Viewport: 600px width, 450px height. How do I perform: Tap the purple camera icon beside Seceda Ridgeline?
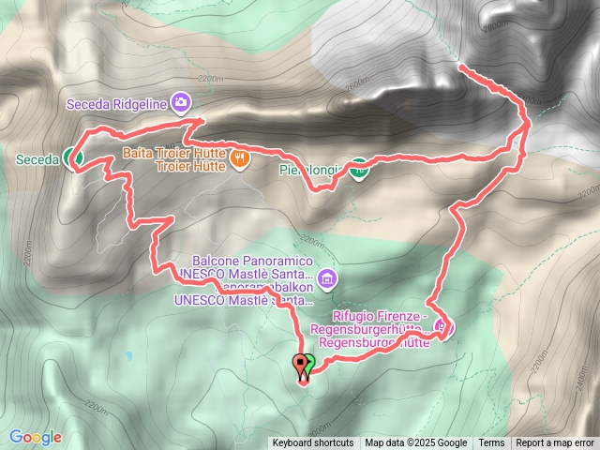point(182,101)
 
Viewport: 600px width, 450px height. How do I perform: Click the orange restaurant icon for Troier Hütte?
point(241,158)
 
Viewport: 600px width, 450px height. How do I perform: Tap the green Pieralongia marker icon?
point(358,169)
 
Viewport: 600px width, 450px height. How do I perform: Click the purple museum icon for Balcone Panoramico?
point(327,277)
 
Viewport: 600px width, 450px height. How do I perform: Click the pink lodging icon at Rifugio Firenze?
point(444,327)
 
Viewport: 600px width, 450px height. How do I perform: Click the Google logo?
point(36,437)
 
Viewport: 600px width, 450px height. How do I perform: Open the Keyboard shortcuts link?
point(313,443)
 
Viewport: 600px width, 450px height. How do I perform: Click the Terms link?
point(491,443)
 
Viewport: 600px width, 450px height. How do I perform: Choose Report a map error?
point(556,443)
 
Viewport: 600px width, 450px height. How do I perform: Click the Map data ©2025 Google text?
point(416,443)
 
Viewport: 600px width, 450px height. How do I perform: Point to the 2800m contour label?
point(496,26)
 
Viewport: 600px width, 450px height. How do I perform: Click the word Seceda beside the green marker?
point(38,160)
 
